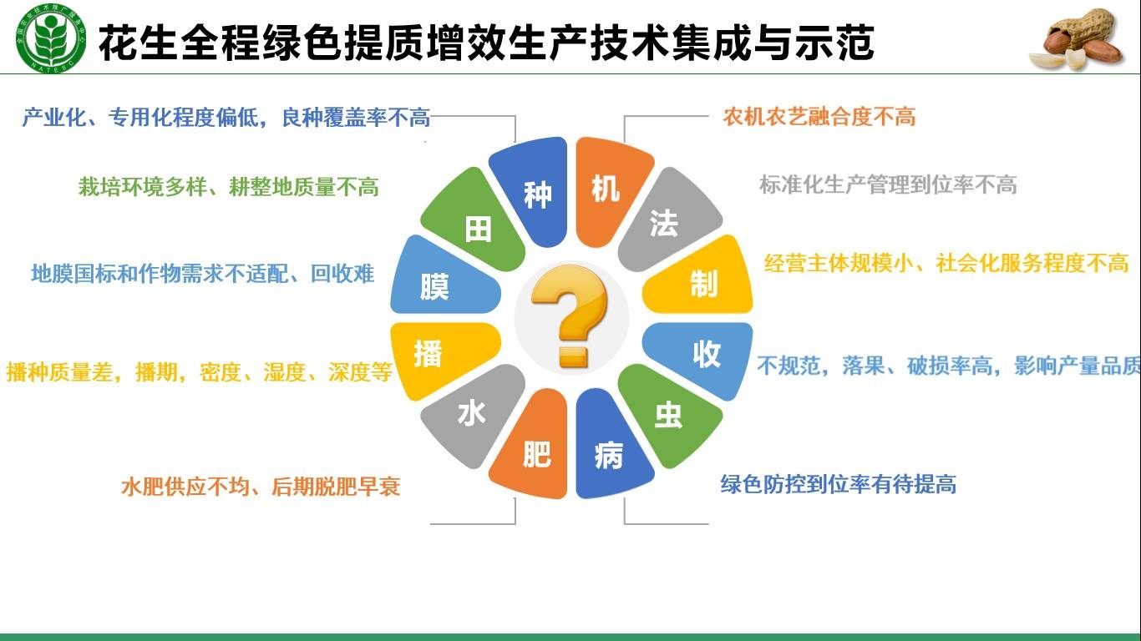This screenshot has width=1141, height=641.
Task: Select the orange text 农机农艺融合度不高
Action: [x=819, y=117]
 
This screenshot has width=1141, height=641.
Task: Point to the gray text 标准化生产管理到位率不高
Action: [x=887, y=184]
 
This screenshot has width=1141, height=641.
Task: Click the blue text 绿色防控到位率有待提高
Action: [x=838, y=484]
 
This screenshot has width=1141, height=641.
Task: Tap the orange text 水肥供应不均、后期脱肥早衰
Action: [x=261, y=487]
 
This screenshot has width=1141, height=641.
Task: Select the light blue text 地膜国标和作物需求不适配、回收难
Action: [x=202, y=274]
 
